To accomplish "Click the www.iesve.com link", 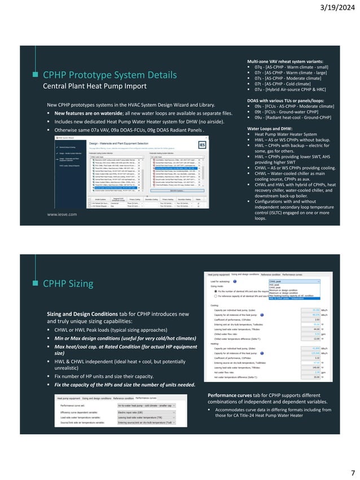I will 62,214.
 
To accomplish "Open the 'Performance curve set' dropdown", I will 147,406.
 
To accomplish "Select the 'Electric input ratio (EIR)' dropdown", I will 147,413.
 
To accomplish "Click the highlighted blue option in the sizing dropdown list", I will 294,298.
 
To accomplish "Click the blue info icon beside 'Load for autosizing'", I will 235,280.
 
